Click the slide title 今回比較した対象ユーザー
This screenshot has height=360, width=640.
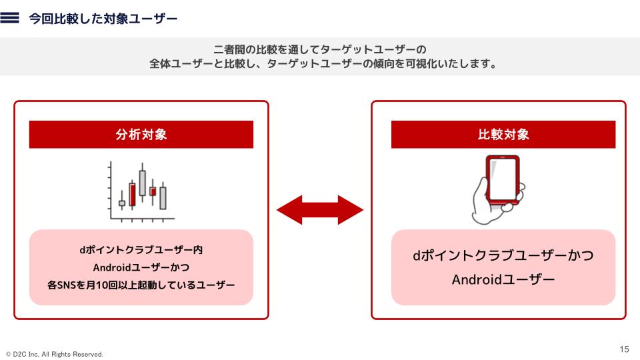point(103,19)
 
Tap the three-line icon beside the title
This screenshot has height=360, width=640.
point(11,19)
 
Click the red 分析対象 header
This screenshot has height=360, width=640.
point(141,135)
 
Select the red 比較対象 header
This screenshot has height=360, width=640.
point(503,135)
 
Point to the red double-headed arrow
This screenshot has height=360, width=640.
point(320,211)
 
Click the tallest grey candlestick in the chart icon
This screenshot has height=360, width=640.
point(142,182)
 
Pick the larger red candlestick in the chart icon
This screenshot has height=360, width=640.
point(132,194)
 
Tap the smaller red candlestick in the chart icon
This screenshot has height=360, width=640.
point(153,191)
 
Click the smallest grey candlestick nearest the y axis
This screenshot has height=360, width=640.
point(122,203)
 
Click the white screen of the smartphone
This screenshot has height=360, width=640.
point(503,178)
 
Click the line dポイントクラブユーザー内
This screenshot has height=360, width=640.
point(141,251)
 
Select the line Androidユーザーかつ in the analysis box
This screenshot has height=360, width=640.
point(141,268)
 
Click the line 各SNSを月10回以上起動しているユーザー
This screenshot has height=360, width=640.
point(141,285)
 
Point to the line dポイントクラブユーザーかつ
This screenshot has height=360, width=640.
point(503,256)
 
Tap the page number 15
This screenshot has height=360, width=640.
point(625,349)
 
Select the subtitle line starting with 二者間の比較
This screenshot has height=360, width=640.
point(320,50)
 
